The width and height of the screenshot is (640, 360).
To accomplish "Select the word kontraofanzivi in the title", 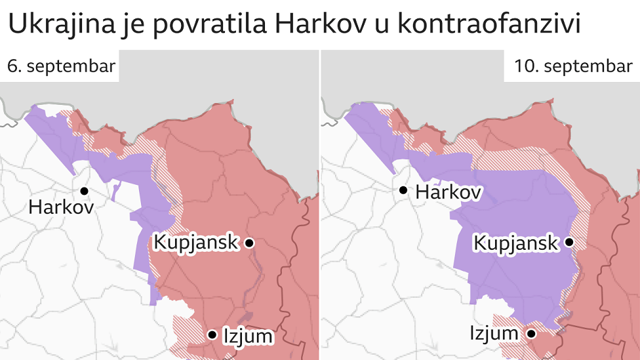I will click(x=489, y=25).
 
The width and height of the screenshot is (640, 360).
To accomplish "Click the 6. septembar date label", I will click(x=61, y=66).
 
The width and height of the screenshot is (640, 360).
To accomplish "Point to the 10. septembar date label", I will click(x=573, y=66).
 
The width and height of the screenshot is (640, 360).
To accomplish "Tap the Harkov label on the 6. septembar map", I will click(x=61, y=208).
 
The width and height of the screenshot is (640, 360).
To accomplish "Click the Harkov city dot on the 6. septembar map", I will click(x=85, y=191).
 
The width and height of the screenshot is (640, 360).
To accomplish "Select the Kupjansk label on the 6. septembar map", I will click(x=195, y=242).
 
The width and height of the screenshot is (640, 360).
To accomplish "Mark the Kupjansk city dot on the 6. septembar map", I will click(x=249, y=243).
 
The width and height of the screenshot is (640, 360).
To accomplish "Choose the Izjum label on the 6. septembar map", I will click(x=247, y=336).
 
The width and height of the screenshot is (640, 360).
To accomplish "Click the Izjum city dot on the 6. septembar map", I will click(x=212, y=334).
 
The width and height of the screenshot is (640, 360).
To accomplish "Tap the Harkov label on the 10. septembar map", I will click(x=449, y=192).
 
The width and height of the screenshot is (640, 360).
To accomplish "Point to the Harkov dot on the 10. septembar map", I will click(x=403, y=191).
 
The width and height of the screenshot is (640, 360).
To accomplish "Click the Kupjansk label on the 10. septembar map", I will click(x=515, y=243).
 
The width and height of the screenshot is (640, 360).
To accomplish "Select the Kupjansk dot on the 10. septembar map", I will click(x=569, y=243).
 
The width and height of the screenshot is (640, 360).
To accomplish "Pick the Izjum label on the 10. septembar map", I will click(x=494, y=333).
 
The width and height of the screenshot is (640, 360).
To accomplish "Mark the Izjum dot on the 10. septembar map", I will click(x=531, y=334).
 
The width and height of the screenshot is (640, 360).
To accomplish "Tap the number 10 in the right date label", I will click(x=523, y=66).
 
